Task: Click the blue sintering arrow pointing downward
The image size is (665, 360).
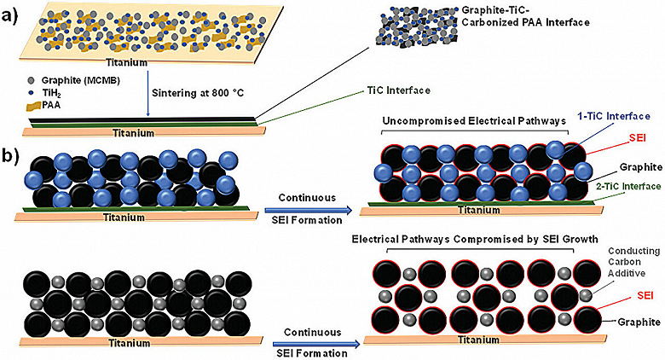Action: point(147,96)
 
